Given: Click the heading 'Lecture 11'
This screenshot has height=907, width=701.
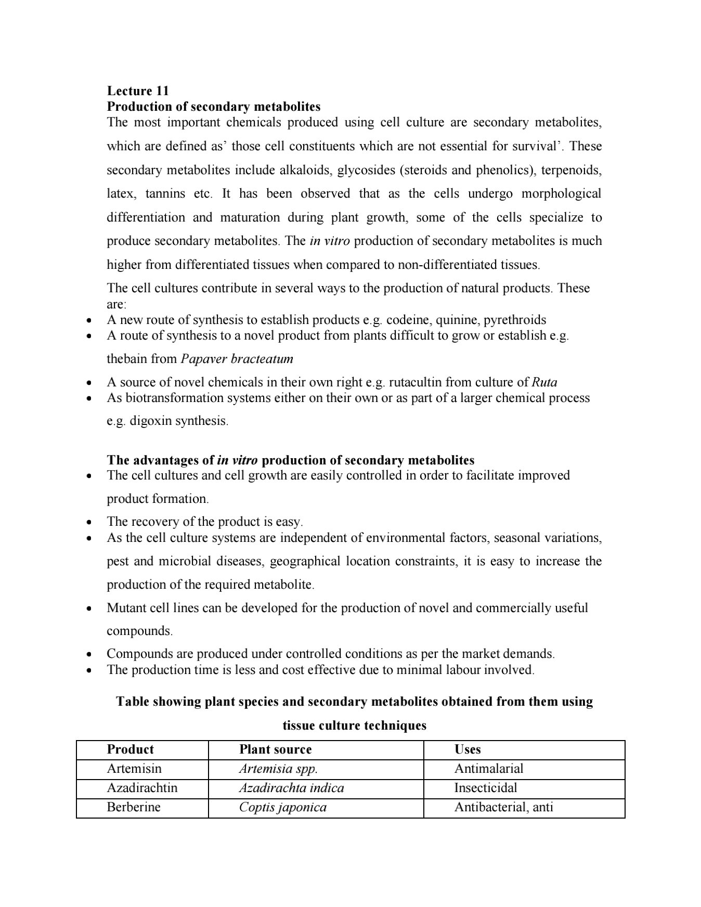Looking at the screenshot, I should pos(138,91).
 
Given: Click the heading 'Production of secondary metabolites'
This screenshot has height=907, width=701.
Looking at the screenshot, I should pos(213,107).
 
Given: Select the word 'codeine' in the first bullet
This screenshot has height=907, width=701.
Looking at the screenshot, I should pos(408,320).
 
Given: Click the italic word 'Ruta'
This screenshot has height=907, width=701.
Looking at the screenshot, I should pos(544,382).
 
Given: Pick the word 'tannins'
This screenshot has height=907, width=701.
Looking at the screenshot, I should pos(165,194).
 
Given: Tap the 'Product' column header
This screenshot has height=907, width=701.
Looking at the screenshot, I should pos(130,749).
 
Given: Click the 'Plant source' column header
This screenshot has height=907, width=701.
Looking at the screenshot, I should pos(275,749).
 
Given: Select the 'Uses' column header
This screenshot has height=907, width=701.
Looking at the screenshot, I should pos(468,749).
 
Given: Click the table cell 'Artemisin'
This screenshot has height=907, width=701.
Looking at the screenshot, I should pos(134,769).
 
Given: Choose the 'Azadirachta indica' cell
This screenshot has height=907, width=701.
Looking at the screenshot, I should pos(291,788).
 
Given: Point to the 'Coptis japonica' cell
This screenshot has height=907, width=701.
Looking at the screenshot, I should pos(283,807).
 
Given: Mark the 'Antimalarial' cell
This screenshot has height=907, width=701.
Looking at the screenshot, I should pos(489,769).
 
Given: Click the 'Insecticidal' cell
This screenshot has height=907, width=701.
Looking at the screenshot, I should pos(486,788).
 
